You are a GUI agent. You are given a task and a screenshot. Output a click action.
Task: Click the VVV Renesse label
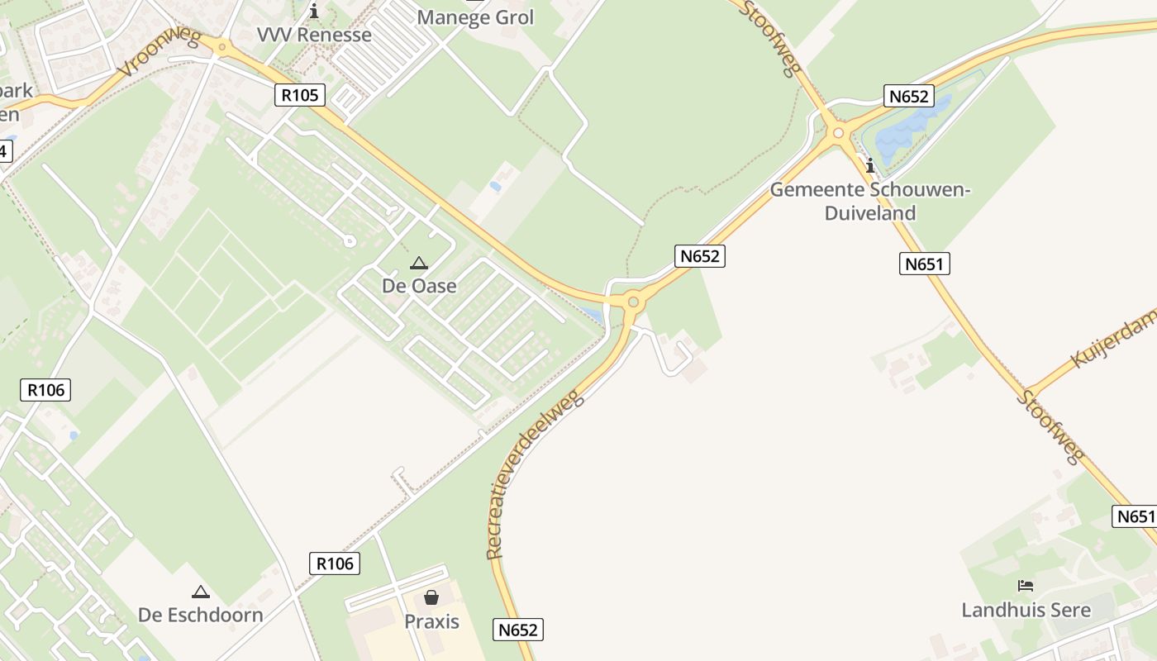pyautogui.click(x=314, y=35)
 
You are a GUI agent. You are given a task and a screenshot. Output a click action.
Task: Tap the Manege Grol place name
pyautogui.click(x=475, y=17)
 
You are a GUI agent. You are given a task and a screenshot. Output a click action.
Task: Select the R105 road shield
pyautogui.click(x=299, y=95)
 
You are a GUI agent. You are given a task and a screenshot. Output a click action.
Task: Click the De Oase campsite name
pyautogui.click(x=419, y=286)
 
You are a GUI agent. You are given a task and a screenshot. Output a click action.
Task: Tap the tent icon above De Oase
pyautogui.click(x=419, y=264)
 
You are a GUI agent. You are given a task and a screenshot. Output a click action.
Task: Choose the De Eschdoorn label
pyautogui.click(x=200, y=615)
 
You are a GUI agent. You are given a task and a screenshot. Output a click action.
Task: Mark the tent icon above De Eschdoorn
pyautogui.click(x=200, y=592)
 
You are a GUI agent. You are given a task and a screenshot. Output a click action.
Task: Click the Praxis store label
pyautogui.click(x=431, y=621)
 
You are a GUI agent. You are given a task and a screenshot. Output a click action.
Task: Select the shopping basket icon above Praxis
pyautogui.click(x=431, y=597)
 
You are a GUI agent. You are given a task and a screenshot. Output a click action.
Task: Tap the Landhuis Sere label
pyautogui.click(x=1026, y=610)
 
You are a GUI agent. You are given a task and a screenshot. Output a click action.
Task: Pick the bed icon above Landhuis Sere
pyautogui.click(x=1026, y=586)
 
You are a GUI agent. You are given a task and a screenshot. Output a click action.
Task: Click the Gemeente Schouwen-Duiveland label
pyautogui.click(x=870, y=202)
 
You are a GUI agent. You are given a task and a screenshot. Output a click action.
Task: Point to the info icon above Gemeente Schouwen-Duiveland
pyautogui.click(x=870, y=166)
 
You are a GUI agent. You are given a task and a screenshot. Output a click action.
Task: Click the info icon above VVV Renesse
pyautogui.click(x=314, y=11)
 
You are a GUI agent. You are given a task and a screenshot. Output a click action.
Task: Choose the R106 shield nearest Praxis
pyautogui.click(x=335, y=564)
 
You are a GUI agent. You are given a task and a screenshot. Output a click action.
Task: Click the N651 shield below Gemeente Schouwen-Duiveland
pyautogui.click(x=924, y=264)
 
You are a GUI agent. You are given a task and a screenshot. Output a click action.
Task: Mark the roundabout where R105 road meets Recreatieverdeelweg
pyautogui.click(x=633, y=302)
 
